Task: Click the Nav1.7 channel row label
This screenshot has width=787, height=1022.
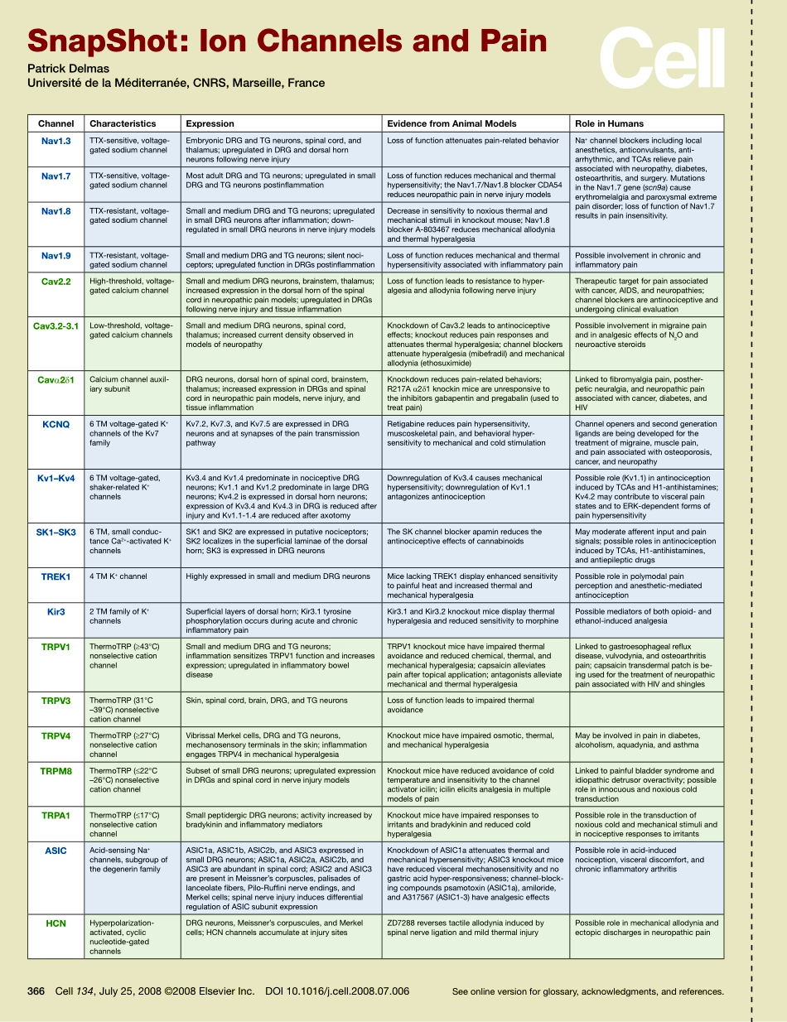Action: (x=56, y=176)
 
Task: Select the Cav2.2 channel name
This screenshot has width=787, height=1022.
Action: (x=56, y=282)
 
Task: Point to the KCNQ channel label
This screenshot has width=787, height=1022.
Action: (x=56, y=425)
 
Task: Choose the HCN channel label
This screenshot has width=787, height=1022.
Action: (x=56, y=923)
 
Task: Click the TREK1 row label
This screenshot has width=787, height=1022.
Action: (x=56, y=576)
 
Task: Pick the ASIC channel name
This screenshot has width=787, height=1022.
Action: (x=56, y=851)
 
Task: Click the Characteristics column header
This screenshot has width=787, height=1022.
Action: (x=123, y=123)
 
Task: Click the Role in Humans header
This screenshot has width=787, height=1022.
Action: (x=609, y=123)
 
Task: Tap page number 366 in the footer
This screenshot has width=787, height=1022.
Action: (x=36, y=991)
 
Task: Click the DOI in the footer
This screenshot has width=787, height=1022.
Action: (x=337, y=991)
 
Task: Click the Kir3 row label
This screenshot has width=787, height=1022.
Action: (x=56, y=612)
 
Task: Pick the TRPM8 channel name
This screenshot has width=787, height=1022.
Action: (x=56, y=771)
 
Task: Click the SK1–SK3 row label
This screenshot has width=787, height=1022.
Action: (x=56, y=532)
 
